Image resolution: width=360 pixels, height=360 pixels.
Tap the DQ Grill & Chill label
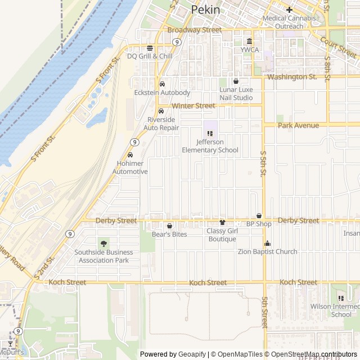pos(150,56)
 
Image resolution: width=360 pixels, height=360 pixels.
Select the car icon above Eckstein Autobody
pos(162,84)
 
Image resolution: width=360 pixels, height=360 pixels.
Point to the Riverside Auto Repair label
pos(163,124)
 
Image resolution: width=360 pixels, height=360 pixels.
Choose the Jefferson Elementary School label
pos(210,146)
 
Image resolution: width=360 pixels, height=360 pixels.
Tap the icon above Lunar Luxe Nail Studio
pos(236,82)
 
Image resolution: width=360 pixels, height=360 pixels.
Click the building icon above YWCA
pos(250,40)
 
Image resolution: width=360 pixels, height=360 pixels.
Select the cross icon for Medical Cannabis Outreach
pos(289,10)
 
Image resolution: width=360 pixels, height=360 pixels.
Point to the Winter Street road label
pos(193,106)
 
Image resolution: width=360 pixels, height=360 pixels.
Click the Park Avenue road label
pos(298,125)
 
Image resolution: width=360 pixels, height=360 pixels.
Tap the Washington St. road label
pos(292,76)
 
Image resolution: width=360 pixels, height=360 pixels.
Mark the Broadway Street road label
pos(195,29)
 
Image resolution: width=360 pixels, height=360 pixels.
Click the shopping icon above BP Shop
pos(259,215)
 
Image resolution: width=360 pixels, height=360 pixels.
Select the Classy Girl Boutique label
pos(222,235)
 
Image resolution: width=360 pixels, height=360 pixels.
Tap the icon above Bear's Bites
pos(169,226)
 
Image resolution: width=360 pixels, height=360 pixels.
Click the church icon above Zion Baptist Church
pos(267,244)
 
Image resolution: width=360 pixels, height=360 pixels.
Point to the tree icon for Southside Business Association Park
pos(103,244)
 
